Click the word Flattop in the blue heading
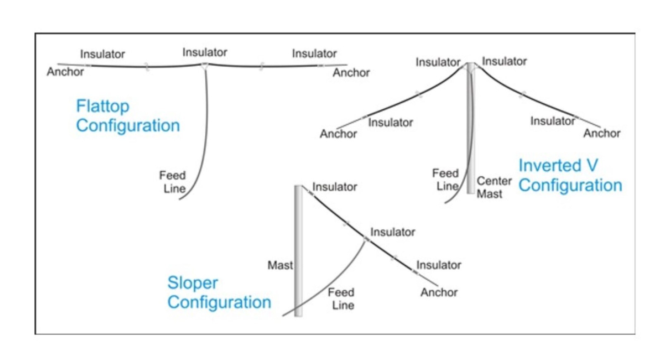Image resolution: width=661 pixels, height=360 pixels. [x=102, y=107]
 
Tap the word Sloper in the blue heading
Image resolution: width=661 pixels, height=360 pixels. [x=193, y=283]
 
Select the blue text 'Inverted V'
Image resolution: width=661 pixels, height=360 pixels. [x=558, y=166]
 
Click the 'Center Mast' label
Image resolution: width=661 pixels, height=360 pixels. [x=494, y=187]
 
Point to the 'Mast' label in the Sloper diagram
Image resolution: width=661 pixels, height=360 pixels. [x=280, y=265]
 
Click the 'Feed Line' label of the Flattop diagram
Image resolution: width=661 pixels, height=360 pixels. [x=173, y=182]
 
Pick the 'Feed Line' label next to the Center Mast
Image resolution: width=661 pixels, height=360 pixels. [x=446, y=180]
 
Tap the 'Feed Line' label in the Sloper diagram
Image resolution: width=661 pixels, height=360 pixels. [x=341, y=298]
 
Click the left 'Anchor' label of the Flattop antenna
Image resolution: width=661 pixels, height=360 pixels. [x=65, y=72]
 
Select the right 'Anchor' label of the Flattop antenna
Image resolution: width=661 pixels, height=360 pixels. [x=351, y=73]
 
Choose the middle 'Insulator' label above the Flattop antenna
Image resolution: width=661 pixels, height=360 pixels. [x=204, y=52]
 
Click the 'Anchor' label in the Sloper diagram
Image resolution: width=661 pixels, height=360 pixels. [x=439, y=292]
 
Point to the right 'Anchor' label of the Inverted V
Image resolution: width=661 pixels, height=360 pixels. [x=602, y=133]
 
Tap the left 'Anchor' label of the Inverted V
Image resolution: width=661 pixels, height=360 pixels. [x=338, y=134]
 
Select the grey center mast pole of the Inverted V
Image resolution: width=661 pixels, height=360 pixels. [x=471, y=132]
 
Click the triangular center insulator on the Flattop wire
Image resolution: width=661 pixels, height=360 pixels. [x=204, y=66]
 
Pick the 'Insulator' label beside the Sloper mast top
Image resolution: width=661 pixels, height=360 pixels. [x=335, y=187]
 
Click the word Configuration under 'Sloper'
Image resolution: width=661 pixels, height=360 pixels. [x=219, y=302]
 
